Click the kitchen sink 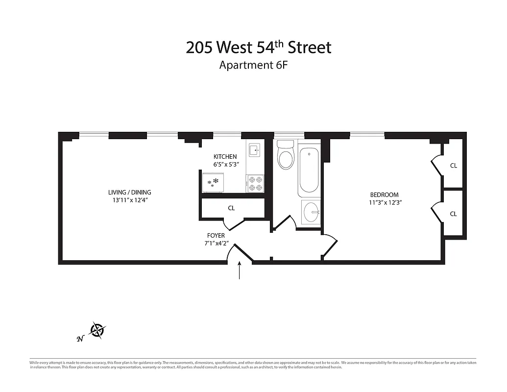point(254,150)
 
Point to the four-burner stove point(254,183)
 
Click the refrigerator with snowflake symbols point(213,183)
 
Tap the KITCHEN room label point(225,156)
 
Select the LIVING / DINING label point(130,192)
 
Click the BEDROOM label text point(384,195)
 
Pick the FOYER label point(216,236)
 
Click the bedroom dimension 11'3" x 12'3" point(386,202)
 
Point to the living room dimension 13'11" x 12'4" point(130,200)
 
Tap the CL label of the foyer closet point(231,208)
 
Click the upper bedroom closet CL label point(453,166)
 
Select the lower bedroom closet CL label point(453,214)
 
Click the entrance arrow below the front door point(240,270)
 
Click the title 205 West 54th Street point(259,48)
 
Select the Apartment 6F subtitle point(252,65)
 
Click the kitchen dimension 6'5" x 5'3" point(226,165)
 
